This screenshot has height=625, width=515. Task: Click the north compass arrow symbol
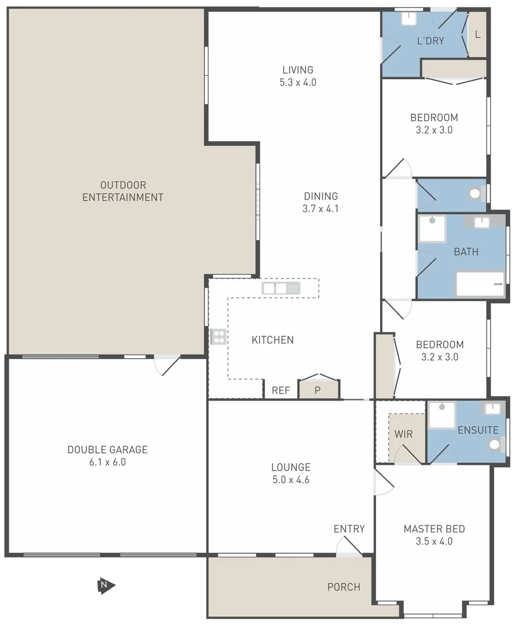click(105, 586)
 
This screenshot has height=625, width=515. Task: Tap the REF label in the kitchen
click(281, 391)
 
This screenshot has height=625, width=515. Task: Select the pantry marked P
click(317, 390)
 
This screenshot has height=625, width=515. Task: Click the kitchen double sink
click(281, 288)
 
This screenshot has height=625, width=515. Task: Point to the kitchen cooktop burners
click(218, 337)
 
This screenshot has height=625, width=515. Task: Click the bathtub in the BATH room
click(480, 284)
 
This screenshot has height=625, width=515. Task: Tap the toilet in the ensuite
click(494, 444)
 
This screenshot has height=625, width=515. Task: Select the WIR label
click(404, 434)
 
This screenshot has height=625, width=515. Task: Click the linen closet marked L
click(477, 35)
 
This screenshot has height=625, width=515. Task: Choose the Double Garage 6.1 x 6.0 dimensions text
click(107, 462)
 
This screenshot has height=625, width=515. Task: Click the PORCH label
click(344, 587)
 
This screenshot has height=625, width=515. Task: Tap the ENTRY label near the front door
click(349, 529)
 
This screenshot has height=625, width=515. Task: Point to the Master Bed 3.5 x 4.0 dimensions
click(434, 542)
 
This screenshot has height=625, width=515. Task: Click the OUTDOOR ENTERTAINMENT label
click(123, 191)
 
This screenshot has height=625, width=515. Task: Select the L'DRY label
click(430, 42)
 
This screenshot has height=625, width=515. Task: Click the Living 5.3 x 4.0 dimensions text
click(298, 82)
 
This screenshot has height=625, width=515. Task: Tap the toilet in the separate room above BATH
click(476, 194)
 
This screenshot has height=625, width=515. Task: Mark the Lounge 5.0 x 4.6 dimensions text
click(291, 480)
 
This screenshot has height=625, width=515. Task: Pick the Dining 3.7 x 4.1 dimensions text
click(320, 209)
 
